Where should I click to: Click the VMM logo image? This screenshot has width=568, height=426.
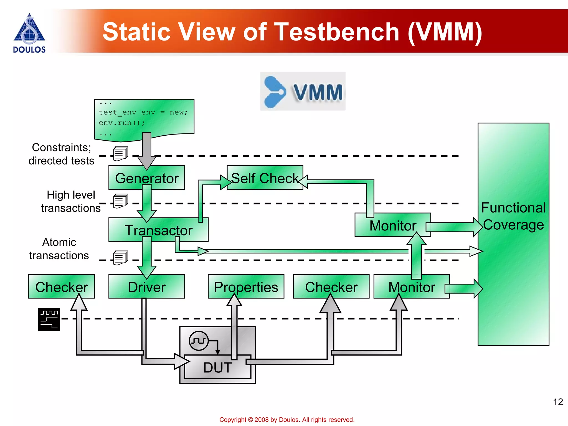click(303, 91)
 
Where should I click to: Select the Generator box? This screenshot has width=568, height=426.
click(146, 178)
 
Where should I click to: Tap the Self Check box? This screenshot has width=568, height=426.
click(265, 178)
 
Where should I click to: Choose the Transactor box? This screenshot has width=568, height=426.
click(158, 230)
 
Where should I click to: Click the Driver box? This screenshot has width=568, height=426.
click(146, 287)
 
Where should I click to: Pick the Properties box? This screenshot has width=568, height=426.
click(246, 287)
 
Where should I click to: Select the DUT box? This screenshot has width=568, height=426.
click(217, 367)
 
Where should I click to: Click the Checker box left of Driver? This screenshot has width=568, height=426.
click(61, 287)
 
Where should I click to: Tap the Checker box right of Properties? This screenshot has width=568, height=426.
click(331, 287)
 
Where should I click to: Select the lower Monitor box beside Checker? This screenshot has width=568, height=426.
click(411, 287)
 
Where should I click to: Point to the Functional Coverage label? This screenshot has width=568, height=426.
click(513, 216)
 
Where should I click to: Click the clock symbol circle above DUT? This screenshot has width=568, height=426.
click(199, 341)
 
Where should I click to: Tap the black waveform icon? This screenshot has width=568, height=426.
click(49, 319)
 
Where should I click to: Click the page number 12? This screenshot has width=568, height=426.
click(558, 402)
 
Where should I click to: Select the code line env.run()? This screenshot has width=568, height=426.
click(122, 123)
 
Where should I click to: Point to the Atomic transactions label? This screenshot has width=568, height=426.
click(59, 249)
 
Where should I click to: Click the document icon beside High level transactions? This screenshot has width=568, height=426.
click(120, 201)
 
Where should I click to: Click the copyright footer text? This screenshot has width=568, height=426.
click(287, 420)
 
